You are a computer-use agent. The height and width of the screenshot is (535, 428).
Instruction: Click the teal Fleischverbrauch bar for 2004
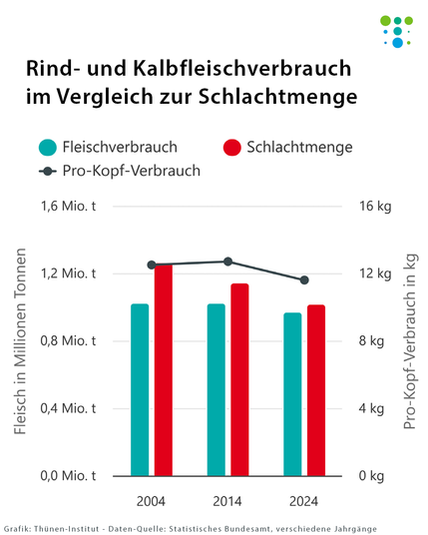pos(140,389)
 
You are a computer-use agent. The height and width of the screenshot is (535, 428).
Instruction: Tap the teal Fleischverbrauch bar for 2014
pos(215,389)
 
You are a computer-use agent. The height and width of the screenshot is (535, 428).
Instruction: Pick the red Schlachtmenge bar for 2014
pos(239,379)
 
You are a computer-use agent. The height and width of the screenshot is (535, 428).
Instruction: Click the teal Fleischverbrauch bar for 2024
pos(292,394)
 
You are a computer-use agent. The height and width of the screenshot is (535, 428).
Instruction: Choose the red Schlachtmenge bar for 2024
pos(315,390)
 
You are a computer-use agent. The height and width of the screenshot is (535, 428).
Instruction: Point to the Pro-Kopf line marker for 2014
pos(227,262)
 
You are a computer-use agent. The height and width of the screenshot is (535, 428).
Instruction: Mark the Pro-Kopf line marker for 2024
pos(304,279)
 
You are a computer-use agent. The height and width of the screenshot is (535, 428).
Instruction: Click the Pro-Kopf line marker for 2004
pos(152,265)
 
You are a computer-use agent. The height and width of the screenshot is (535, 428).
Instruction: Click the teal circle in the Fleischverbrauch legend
pos(48,147)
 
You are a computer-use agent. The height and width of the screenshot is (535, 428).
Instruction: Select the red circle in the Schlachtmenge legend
pos(232,147)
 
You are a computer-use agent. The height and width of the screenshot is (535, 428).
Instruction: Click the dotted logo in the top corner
pos(396,30)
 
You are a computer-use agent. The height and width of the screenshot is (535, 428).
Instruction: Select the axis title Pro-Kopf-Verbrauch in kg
pos(409,341)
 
